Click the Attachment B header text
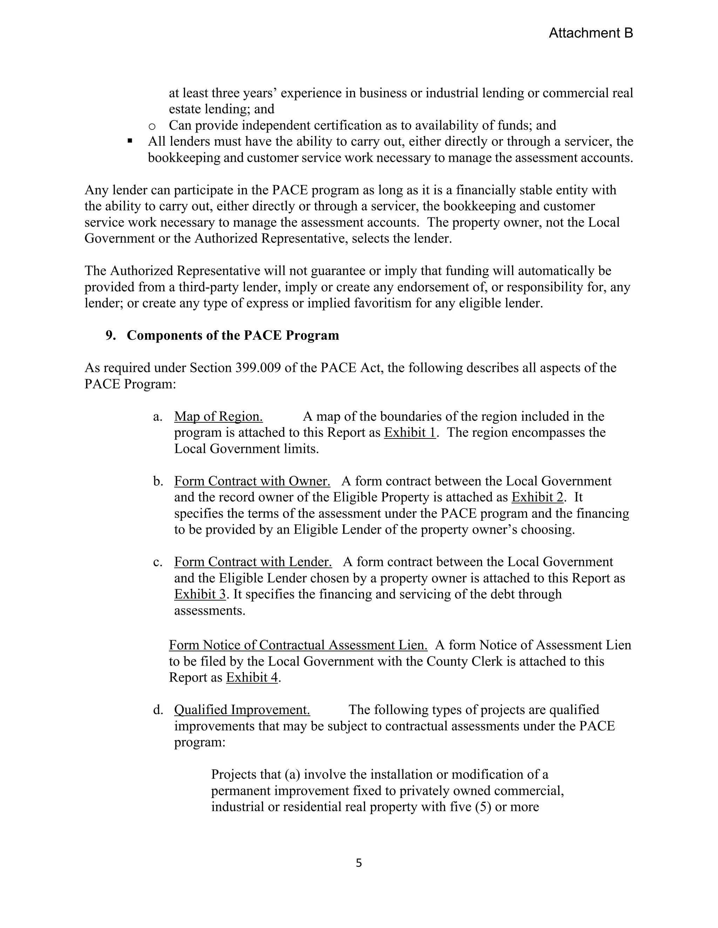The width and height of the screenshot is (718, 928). pos(590,33)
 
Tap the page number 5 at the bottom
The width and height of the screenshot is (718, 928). pos(359,863)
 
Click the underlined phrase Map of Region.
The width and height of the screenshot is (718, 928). pos(218,416)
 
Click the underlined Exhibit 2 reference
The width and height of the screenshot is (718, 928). pos(537,497)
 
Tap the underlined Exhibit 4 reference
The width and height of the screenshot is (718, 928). pos(252,677)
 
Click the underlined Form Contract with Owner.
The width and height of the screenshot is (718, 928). pos(252,481)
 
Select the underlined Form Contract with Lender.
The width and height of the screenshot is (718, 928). pos(253,562)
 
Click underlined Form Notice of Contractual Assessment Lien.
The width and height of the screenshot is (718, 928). pos(298,645)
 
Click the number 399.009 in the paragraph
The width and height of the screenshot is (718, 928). pos(258,368)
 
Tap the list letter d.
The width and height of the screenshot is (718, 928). pos(158,710)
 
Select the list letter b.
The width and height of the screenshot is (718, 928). pos(158,482)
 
